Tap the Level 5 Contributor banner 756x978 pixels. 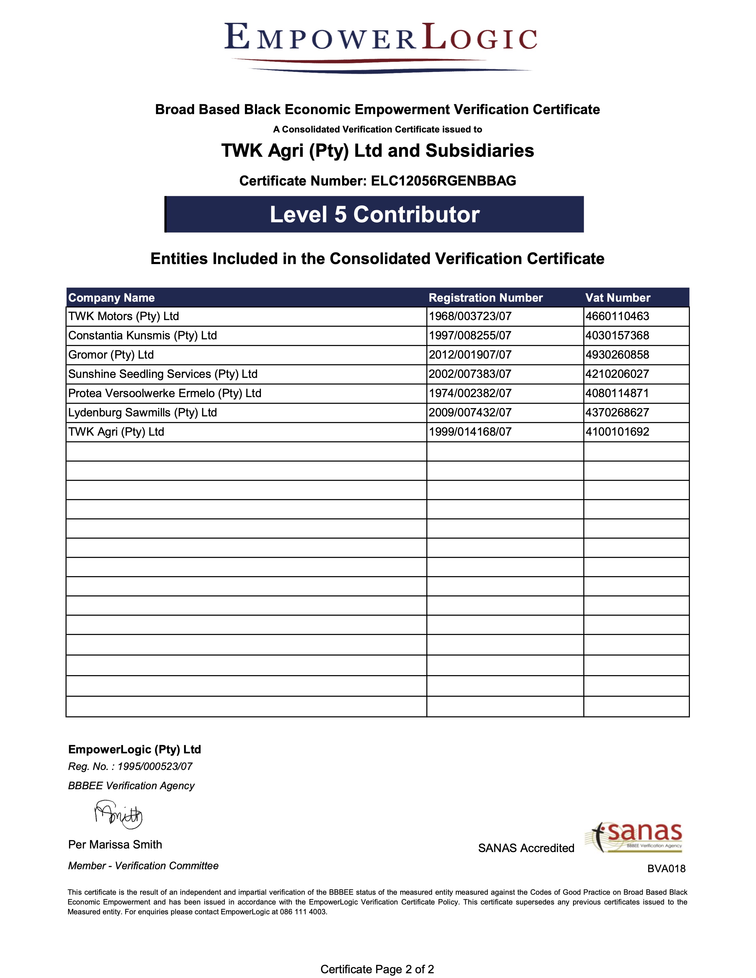(374, 215)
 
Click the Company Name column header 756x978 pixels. (111, 298)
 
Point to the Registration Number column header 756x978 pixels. (486, 298)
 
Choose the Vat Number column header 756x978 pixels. (618, 298)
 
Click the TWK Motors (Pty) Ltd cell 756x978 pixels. (124, 317)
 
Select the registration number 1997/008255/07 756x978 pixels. (470, 336)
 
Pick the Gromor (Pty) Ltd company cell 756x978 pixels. (111, 355)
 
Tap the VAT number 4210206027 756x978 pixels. (617, 374)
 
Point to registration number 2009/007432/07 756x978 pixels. (470, 413)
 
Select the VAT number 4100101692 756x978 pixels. (617, 432)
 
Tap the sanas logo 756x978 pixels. (633, 837)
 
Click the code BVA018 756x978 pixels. (666, 869)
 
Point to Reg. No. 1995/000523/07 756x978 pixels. (130, 767)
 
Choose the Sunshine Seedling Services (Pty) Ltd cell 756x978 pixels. (162, 374)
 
